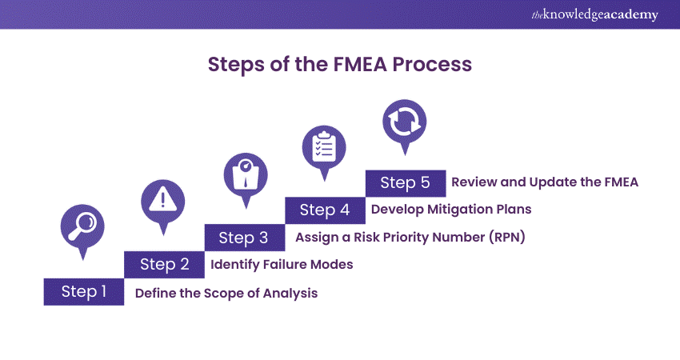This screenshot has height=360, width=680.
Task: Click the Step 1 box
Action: click(84, 292)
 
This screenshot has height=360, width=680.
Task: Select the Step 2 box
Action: click(164, 264)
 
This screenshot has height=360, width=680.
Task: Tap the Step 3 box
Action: click(245, 237)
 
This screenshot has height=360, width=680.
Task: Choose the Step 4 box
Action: click(325, 210)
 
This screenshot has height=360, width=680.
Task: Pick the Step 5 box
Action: click(405, 182)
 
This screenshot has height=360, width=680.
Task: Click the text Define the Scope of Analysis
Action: click(226, 294)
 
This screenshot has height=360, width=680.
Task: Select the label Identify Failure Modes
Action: click(282, 264)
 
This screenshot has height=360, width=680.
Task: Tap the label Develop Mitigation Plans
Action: click(451, 210)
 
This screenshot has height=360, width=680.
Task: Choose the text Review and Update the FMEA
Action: click(545, 182)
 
